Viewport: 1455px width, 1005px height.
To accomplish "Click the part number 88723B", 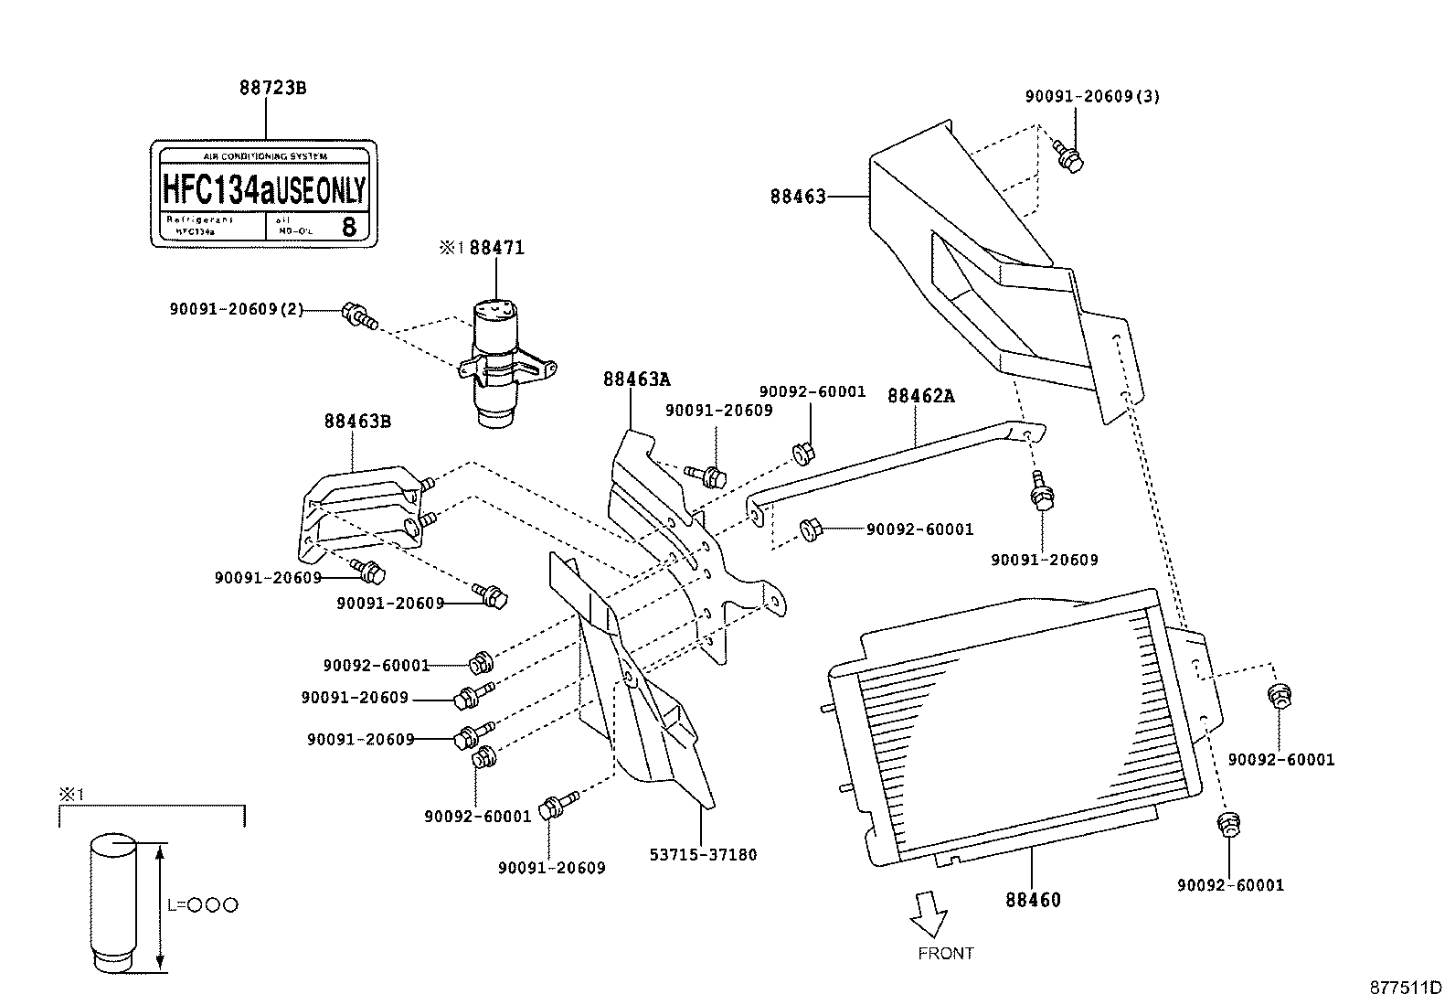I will click(x=272, y=89).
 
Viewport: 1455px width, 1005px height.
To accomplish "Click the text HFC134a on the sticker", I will click(x=218, y=189).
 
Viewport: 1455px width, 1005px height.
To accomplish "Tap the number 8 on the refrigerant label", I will click(x=349, y=227).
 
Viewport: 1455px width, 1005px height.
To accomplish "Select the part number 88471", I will click(x=497, y=248).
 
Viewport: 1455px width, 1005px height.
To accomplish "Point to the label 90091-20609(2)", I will click(x=236, y=310).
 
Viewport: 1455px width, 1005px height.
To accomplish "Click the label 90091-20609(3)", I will click(x=1092, y=96).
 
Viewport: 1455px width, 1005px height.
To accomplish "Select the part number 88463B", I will click(x=357, y=422).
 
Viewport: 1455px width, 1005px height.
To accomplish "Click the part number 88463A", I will click(x=636, y=380).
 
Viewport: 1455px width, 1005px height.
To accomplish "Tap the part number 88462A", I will click(x=921, y=396).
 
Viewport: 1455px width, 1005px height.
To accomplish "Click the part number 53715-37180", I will click(x=703, y=855).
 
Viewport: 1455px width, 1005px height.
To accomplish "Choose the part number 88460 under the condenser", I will click(x=1033, y=900).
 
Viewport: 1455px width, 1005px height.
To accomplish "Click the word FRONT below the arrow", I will click(x=946, y=954).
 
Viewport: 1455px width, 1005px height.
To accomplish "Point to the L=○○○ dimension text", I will click(x=202, y=905).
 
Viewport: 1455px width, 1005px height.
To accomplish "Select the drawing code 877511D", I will click(x=1404, y=988).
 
